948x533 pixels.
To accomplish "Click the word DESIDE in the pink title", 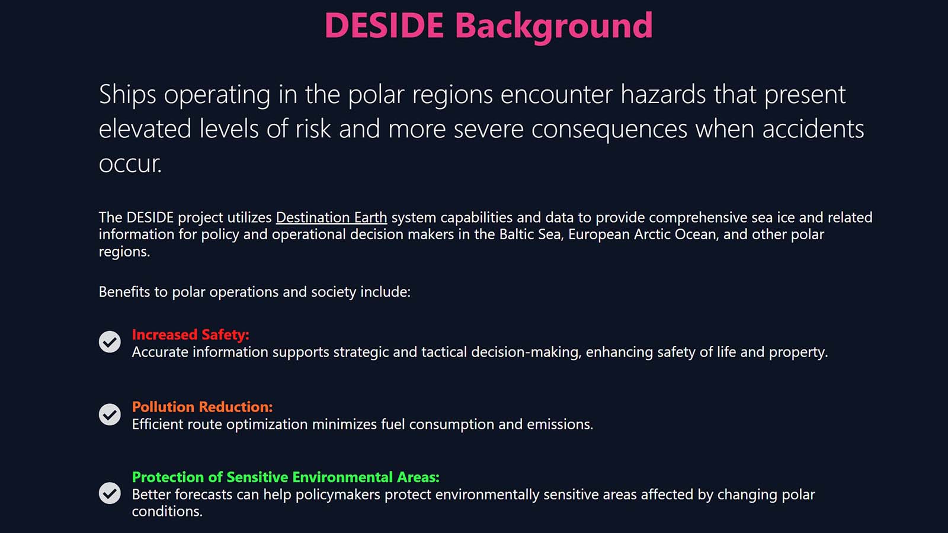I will (384, 26).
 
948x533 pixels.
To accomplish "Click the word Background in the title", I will (553, 26).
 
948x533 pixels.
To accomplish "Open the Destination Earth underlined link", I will (331, 217).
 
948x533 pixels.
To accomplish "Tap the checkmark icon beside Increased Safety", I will (110, 342).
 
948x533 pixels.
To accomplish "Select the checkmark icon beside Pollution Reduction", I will (110, 415).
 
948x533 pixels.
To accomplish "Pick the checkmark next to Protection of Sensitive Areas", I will (110, 493).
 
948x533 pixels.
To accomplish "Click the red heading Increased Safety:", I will (190, 335).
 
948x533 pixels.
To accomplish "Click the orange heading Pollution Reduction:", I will (202, 407).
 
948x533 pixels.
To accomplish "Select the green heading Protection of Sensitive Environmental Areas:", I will (286, 477).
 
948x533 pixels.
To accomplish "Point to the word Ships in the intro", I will (127, 95).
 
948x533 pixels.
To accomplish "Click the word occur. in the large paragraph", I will (130, 164).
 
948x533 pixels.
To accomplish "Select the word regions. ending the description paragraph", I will (124, 252).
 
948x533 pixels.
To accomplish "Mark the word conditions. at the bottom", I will (167, 512).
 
